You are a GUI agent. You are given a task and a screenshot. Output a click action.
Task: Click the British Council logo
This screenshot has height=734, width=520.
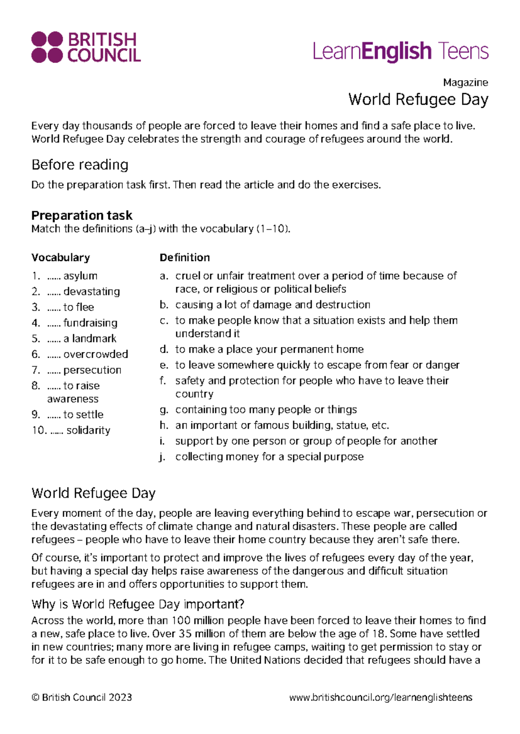pyautogui.click(x=86, y=47)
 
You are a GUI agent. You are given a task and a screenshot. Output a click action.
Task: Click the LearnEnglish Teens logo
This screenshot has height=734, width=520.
pyautogui.click(x=400, y=52)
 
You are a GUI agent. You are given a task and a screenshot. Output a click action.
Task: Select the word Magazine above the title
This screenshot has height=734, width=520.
pyautogui.click(x=465, y=82)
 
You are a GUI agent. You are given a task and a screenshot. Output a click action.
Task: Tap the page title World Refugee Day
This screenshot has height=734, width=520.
pyautogui.click(x=418, y=100)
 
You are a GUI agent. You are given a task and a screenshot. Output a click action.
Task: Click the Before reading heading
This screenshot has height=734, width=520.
pyautogui.click(x=80, y=165)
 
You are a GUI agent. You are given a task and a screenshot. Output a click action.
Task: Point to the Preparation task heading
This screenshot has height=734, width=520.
pyautogui.click(x=81, y=215)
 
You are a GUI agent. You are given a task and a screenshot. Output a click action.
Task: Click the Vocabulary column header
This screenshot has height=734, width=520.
pyautogui.click(x=60, y=258)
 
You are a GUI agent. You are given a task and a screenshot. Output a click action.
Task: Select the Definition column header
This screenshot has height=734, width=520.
pyautogui.click(x=185, y=258)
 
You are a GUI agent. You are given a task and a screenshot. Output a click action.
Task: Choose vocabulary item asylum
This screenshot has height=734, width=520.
pyautogui.click(x=80, y=276)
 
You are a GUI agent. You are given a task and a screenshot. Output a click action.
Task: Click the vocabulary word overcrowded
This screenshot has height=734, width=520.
pyautogui.click(x=95, y=354)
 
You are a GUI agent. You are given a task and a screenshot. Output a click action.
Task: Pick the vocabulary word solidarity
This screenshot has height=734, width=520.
pyautogui.click(x=88, y=430)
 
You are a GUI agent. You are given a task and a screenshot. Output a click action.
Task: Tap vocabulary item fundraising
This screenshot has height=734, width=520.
pyautogui.click(x=90, y=323)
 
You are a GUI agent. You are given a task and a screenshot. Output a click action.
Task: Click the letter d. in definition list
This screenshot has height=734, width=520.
pyautogui.click(x=164, y=349)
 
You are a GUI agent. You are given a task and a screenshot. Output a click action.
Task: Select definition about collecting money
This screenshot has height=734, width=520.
pyautogui.click(x=269, y=457)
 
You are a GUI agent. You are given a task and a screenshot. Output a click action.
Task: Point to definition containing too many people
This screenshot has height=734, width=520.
pyautogui.click(x=266, y=409)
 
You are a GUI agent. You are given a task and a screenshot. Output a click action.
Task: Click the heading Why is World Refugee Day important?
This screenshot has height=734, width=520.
pyautogui.click(x=138, y=604)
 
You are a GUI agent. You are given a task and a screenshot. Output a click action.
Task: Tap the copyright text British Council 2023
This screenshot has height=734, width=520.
pyautogui.click(x=81, y=697)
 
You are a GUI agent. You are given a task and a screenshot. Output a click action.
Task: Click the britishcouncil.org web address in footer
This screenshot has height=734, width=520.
pyautogui.click(x=380, y=697)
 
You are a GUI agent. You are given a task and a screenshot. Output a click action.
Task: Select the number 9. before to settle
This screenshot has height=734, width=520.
pyautogui.click(x=36, y=415)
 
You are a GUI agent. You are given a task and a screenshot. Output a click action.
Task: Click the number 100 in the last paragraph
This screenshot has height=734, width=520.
pyautogui.click(x=181, y=621)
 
